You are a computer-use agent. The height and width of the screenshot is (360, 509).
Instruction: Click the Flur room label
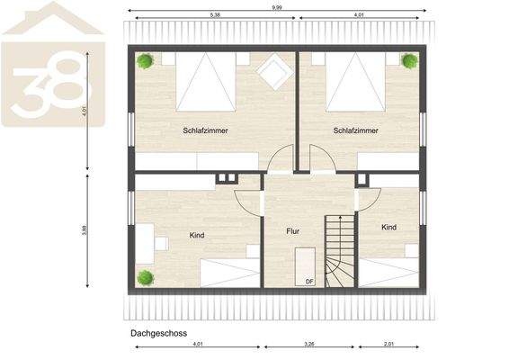[x=292, y=231]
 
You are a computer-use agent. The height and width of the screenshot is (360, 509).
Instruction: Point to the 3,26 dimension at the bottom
[x=308, y=343]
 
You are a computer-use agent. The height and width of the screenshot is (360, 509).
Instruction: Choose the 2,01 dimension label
[x=388, y=343]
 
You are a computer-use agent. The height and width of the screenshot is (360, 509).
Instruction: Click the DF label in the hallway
[x=309, y=282]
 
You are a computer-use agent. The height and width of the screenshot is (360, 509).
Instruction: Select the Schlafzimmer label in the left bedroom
[x=206, y=130]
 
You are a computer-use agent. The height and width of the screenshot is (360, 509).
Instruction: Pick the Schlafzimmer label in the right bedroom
[x=355, y=130]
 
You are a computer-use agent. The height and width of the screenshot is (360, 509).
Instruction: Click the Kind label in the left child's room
[x=197, y=236]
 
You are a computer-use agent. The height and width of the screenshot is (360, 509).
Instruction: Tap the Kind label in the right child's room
[x=388, y=228]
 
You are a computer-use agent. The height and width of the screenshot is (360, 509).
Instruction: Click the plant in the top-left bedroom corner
[x=144, y=61]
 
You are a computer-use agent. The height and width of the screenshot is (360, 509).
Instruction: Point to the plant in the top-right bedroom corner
[x=410, y=61]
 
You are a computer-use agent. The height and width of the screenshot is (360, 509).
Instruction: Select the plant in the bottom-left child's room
[x=144, y=276]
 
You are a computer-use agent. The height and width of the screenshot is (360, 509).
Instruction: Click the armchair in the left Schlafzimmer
[x=272, y=70]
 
